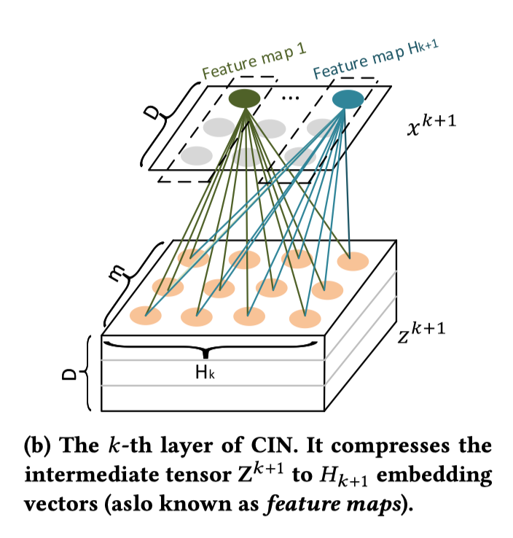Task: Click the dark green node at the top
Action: pyautogui.click(x=245, y=98)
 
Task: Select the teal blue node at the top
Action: pyautogui.click(x=348, y=98)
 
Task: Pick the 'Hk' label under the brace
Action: pyautogui.click(x=205, y=373)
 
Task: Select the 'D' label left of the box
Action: pyautogui.click(x=68, y=374)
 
